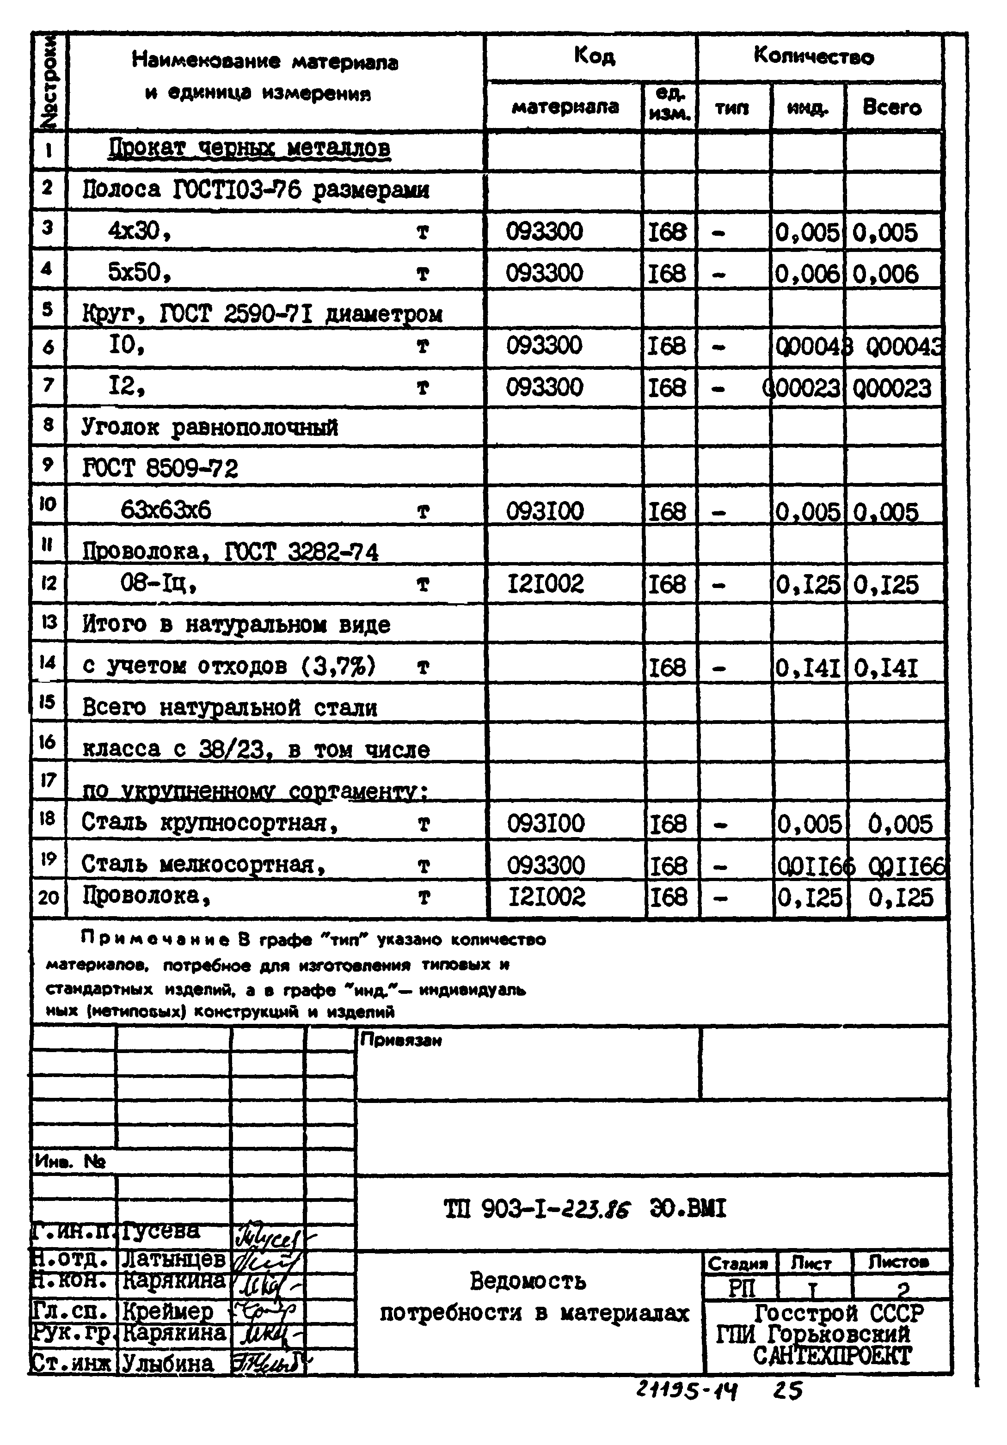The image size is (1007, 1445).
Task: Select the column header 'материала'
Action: click(565, 107)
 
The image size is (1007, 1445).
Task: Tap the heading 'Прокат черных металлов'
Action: click(249, 148)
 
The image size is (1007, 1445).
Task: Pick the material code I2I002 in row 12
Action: click(546, 584)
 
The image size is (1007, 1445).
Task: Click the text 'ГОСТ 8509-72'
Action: click(160, 468)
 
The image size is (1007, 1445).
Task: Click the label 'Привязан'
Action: click(400, 1041)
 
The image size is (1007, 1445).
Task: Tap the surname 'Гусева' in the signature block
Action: click(160, 1229)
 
